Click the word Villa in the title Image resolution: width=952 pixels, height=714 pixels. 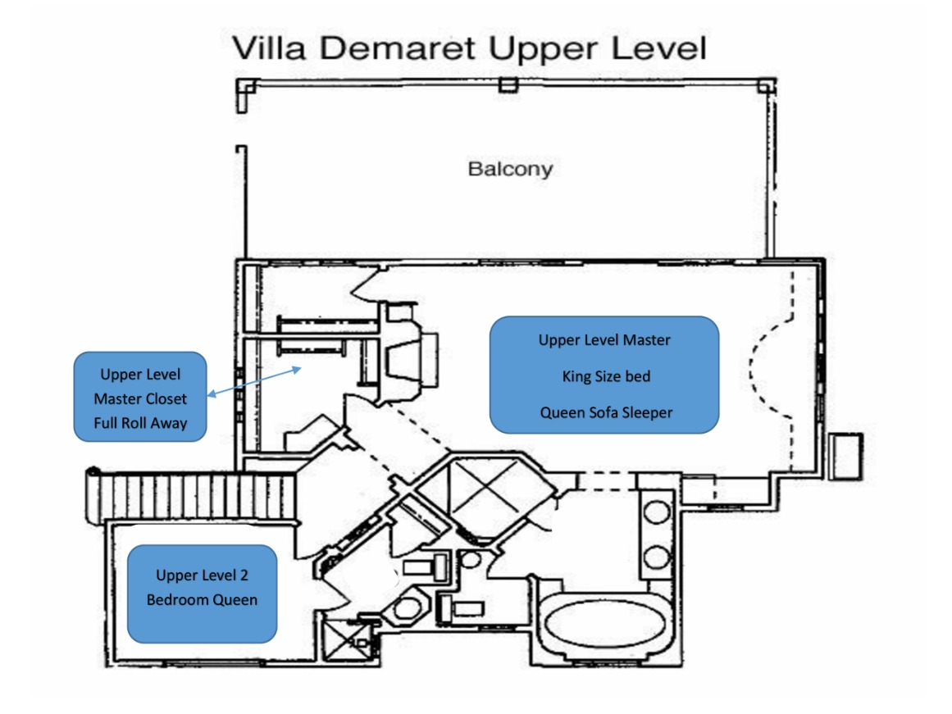point(269,48)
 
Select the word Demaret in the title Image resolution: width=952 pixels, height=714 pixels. point(397,48)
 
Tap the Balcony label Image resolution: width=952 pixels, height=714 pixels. point(510,169)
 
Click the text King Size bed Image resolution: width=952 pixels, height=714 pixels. point(606,376)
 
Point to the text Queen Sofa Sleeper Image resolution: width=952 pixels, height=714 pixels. point(606,413)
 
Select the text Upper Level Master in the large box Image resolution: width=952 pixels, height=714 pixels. point(604,340)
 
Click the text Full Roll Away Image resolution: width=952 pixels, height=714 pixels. point(140,423)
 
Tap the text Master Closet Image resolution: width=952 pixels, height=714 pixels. point(140,399)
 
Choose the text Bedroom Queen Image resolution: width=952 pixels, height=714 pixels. point(202,600)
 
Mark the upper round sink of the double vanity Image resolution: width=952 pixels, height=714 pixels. point(656,512)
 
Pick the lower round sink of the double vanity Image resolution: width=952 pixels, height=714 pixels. point(656,557)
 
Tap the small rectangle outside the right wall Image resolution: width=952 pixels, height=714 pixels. point(845,457)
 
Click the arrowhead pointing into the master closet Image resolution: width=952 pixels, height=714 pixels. point(296,369)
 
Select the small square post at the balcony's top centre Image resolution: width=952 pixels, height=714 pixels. point(508,84)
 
